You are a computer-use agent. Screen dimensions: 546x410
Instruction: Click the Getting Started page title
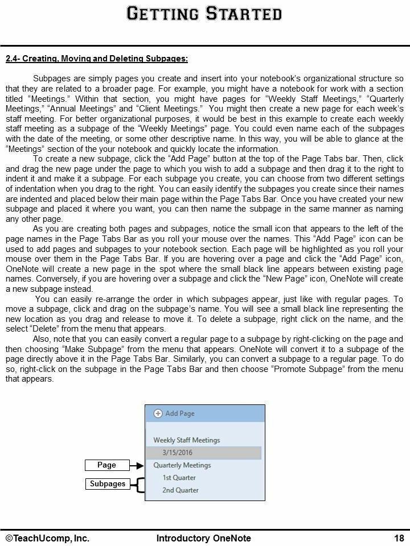click(x=204, y=14)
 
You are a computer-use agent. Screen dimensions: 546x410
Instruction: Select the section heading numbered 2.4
click(x=97, y=59)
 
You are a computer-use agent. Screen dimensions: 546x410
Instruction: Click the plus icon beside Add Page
click(x=158, y=413)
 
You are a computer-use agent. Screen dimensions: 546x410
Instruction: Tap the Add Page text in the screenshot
click(x=180, y=413)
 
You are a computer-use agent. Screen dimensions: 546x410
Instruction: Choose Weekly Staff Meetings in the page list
click(x=186, y=440)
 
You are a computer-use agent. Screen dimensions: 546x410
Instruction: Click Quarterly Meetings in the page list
click(x=182, y=465)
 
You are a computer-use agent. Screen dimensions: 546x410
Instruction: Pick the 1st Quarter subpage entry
click(x=179, y=478)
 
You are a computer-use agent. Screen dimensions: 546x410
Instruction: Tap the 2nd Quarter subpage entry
click(x=180, y=490)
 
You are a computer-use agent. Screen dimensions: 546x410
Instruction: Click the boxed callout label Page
click(x=106, y=465)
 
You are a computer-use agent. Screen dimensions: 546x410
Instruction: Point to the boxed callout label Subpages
click(x=107, y=484)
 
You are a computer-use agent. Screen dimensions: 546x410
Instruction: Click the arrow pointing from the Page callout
click(x=136, y=465)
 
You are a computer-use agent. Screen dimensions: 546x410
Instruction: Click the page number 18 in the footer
click(x=399, y=538)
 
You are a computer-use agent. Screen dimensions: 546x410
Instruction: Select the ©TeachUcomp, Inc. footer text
click(x=48, y=538)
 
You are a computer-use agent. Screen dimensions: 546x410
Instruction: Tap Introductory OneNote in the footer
click(x=203, y=538)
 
